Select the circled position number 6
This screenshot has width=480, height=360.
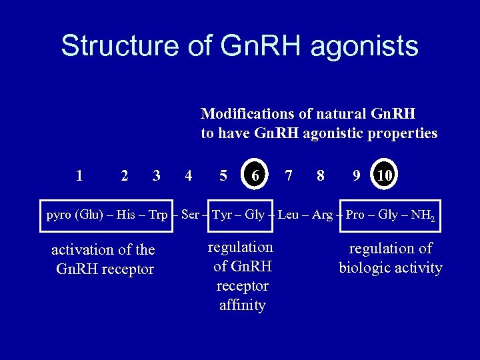point(255,175)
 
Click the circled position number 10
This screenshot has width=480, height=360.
point(383,175)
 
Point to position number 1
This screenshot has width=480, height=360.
point(79,176)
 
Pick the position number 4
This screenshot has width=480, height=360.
point(189,176)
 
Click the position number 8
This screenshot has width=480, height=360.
point(321,176)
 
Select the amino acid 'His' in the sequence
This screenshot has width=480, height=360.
point(125,215)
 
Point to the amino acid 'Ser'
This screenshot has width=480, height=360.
point(190,215)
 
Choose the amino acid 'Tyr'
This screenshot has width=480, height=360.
point(221,215)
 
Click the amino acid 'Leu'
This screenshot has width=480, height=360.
point(288,215)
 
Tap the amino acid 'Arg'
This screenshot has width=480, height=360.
point(322,215)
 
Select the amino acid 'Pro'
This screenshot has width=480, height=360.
point(355,215)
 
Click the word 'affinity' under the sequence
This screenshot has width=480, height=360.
point(242,306)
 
